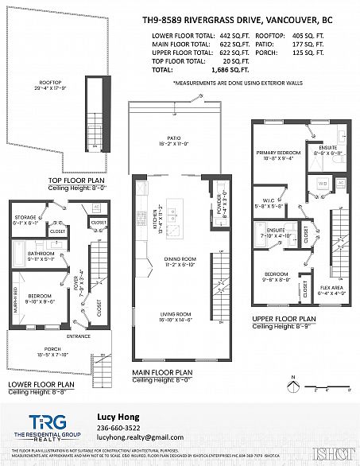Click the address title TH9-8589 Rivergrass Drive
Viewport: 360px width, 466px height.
[248, 21]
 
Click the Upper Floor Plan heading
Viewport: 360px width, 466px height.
[284, 318]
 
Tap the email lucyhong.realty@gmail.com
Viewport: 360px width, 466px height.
[134, 437]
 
